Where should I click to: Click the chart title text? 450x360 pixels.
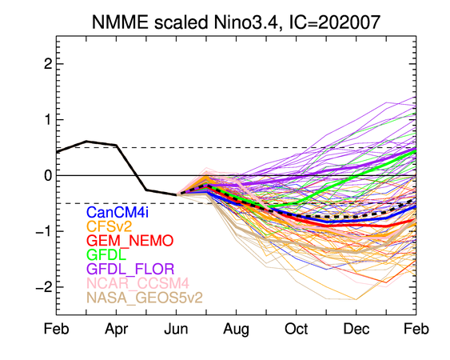[x=236, y=22]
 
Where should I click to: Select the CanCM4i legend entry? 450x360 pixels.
[x=117, y=213]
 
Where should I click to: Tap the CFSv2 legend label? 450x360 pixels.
[x=109, y=226]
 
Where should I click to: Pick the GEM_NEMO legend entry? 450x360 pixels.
[x=130, y=241]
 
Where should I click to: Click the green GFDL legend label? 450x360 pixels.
[x=106, y=254]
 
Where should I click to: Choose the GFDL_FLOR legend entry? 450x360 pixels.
[x=130, y=269]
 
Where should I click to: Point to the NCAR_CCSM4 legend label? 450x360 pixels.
[x=137, y=283]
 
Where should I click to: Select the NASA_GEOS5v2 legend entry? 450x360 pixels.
[x=145, y=298]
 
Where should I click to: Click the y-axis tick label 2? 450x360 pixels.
[x=48, y=64]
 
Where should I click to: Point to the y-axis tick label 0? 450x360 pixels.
[x=48, y=175]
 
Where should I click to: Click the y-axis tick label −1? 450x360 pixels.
[x=44, y=231]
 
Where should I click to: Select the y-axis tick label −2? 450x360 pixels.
[x=44, y=287]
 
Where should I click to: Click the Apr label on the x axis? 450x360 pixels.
[x=116, y=330]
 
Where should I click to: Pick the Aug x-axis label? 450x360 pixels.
[x=237, y=330]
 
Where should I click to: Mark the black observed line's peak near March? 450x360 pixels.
[x=86, y=141]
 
